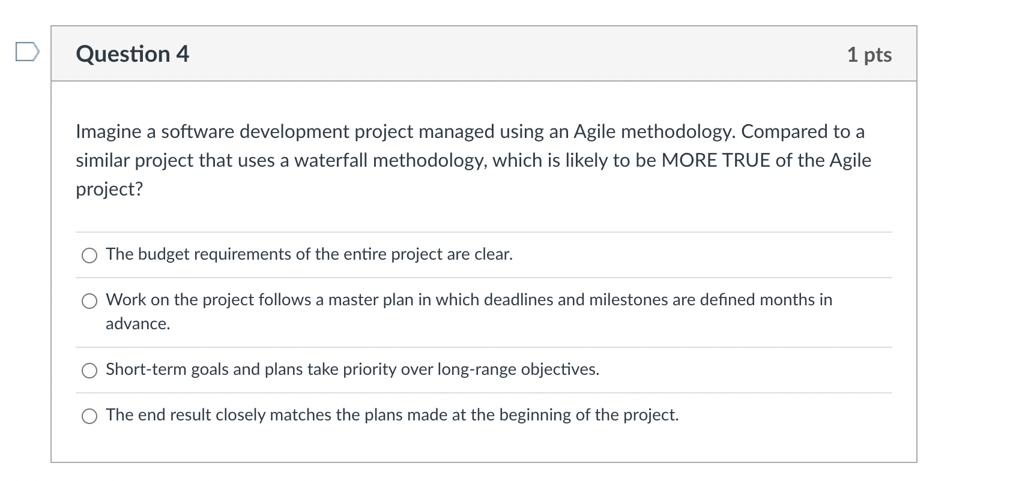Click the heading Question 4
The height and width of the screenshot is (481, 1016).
coord(132,54)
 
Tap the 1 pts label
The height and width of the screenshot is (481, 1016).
coord(869,55)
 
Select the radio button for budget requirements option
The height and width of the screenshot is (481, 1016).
coord(89,256)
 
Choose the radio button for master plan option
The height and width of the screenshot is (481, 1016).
coord(89,301)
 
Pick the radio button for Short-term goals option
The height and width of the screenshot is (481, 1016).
coord(89,371)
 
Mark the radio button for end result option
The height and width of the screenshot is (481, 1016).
coord(89,416)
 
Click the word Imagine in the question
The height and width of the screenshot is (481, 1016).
coord(109,132)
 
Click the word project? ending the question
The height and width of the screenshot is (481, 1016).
coord(109,190)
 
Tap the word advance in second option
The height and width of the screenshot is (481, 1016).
coord(137,324)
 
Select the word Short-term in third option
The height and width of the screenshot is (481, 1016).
coord(146,369)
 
